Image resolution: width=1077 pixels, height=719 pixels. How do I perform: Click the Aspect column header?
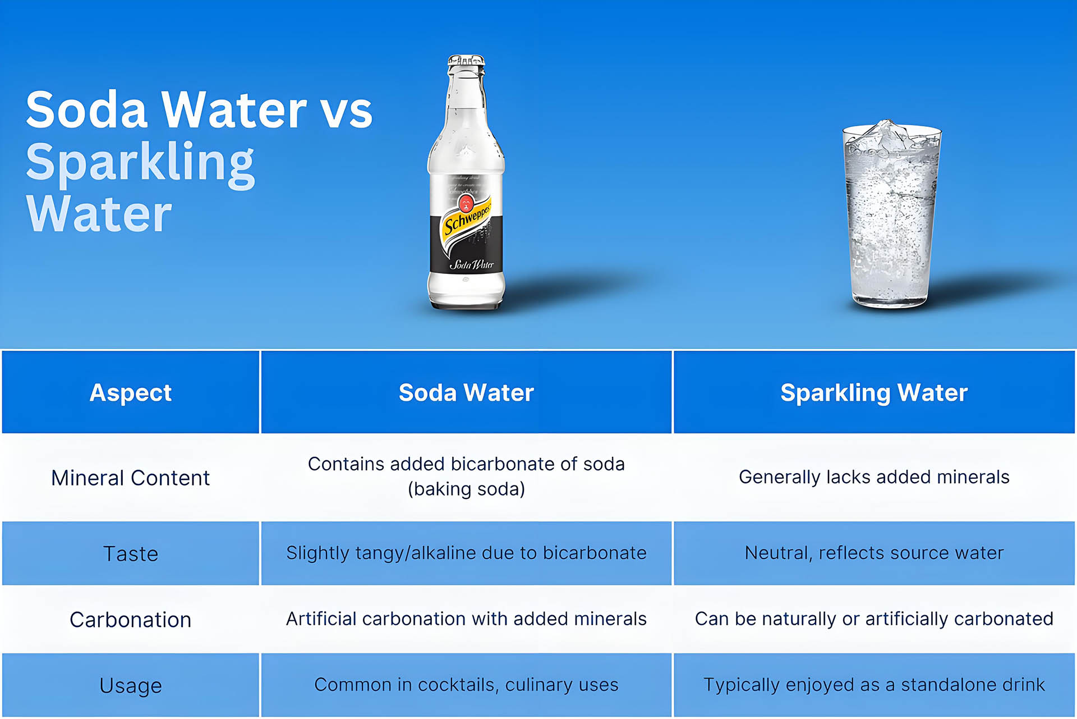pyautogui.click(x=131, y=392)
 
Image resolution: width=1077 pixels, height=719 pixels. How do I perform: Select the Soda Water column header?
pyautogui.click(x=466, y=392)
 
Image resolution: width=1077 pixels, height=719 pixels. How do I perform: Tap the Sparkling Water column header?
pyautogui.click(x=874, y=392)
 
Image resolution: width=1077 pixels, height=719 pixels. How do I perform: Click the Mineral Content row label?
pyautogui.click(x=131, y=478)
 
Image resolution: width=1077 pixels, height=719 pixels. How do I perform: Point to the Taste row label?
pyautogui.click(x=131, y=553)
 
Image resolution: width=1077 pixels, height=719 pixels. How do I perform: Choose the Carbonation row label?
pyautogui.click(x=131, y=620)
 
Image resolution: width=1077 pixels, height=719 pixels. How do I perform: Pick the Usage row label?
pyautogui.click(x=131, y=685)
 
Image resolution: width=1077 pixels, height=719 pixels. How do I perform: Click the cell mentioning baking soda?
pyautogui.click(x=466, y=477)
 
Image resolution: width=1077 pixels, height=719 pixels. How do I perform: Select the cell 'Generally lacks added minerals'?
pyautogui.click(x=874, y=477)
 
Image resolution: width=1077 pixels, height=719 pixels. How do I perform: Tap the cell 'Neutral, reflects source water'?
pyautogui.click(x=874, y=553)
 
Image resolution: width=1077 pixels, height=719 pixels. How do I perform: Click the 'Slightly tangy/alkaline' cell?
pyautogui.click(x=466, y=553)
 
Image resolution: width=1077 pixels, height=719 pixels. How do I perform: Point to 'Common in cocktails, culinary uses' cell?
pyautogui.click(x=466, y=685)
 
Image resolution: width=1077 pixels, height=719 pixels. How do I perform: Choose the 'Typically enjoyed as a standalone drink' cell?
pyautogui.click(x=874, y=685)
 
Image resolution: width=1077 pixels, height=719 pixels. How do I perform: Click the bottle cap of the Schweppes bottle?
pyautogui.click(x=466, y=61)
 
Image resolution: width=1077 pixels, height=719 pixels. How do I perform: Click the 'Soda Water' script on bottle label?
pyautogui.click(x=471, y=264)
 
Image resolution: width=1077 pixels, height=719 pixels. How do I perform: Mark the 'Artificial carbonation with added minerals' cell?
pyautogui.click(x=466, y=619)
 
